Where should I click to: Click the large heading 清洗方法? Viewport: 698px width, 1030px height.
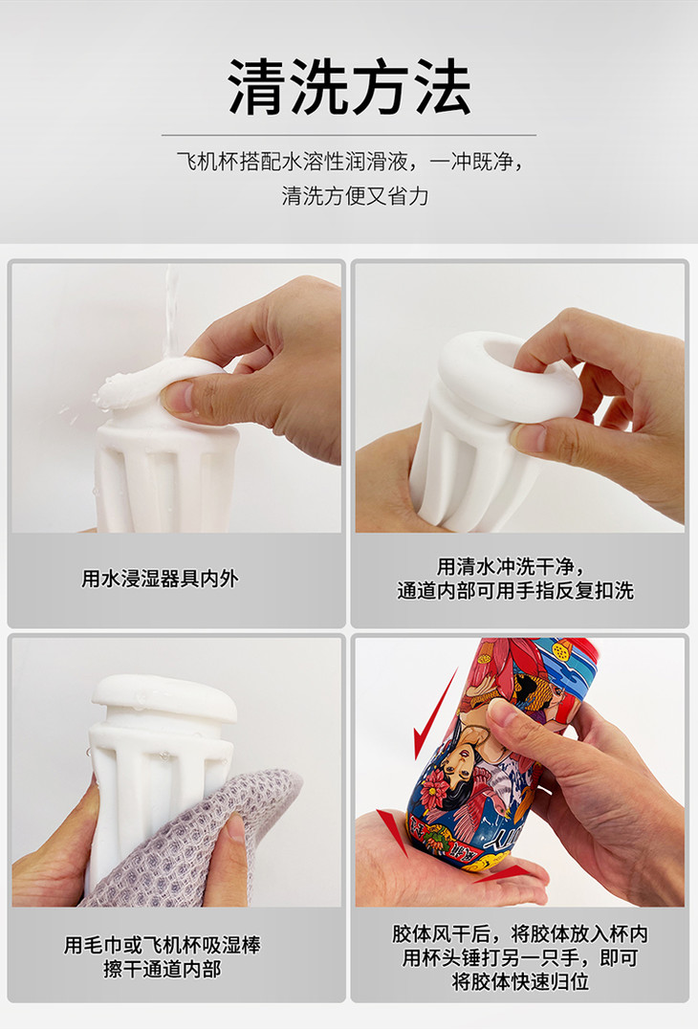coord(349,87)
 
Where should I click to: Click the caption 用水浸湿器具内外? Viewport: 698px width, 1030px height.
coord(160,579)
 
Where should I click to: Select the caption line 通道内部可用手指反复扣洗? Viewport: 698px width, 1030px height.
coord(515,590)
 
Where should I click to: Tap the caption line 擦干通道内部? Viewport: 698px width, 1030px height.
coord(163,969)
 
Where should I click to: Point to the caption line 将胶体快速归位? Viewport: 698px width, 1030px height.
coord(520,981)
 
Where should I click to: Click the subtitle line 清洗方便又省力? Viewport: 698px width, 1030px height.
coord(356,196)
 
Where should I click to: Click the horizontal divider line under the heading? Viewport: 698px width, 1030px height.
coord(349,135)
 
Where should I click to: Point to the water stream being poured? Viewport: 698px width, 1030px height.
coord(171,316)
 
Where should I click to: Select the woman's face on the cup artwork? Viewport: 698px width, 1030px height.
coord(460,762)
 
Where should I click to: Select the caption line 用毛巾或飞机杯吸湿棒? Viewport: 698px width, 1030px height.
coord(163,945)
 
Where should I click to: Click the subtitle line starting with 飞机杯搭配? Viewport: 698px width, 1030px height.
coord(349,161)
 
